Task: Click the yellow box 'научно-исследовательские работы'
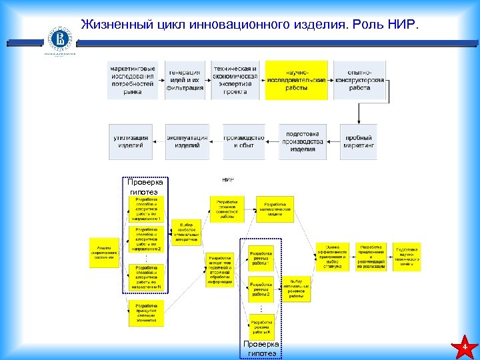click(x=297, y=80)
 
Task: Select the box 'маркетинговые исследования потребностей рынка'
click(x=133, y=80)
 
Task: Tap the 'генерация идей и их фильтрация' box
click(x=185, y=80)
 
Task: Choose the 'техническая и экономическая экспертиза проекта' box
click(x=235, y=80)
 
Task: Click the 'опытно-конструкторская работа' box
click(x=359, y=80)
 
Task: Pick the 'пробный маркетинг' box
click(x=359, y=141)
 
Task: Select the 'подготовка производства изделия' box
click(x=302, y=141)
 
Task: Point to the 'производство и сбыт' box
click(x=239, y=141)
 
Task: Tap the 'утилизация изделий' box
click(x=131, y=141)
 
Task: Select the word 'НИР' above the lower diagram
click(x=227, y=180)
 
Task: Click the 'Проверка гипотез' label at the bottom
click(x=261, y=349)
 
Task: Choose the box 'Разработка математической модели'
click(x=275, y=209)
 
